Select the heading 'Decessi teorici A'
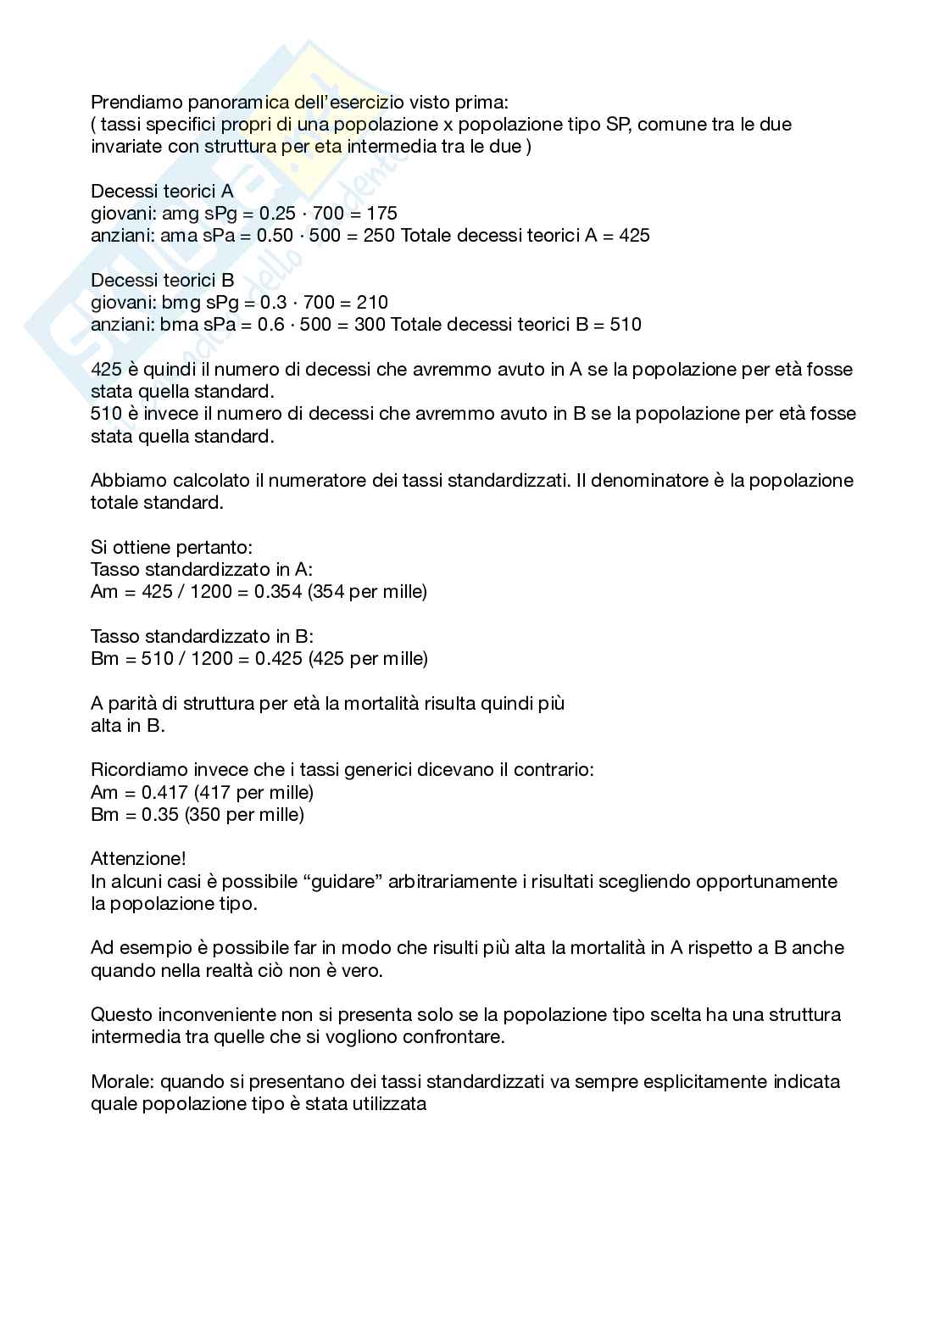click(x=162, y=191)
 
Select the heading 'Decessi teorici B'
click(x=162, y=280)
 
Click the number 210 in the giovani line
click(x=372, y=302)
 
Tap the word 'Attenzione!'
click(x=138, y=859)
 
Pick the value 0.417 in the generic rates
click(x=164, y=793)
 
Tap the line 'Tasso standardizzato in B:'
click(x=202, y=637)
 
